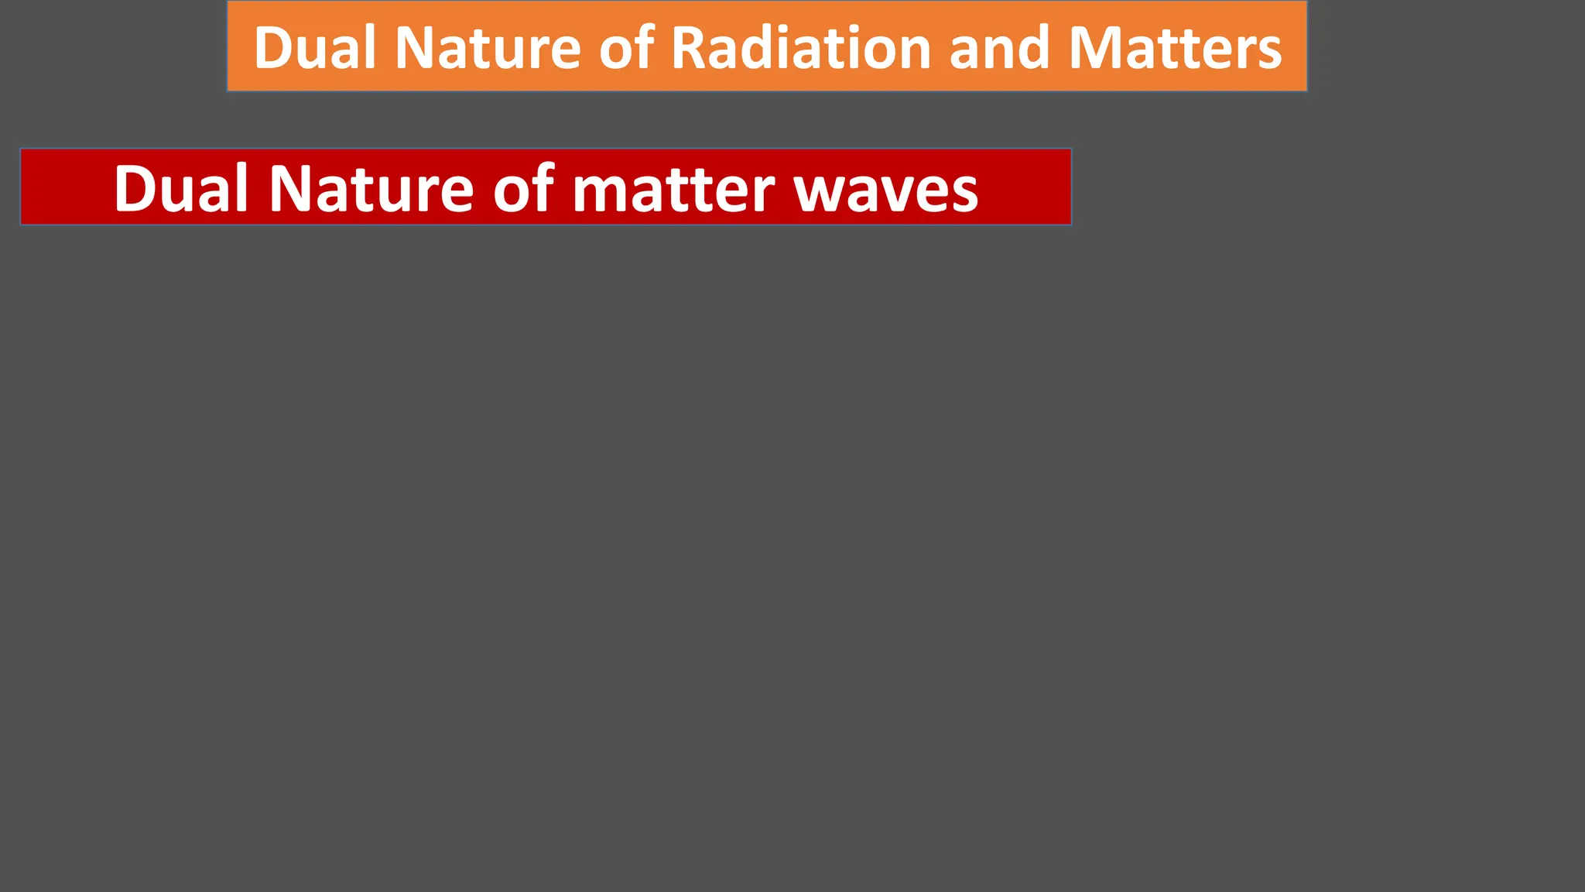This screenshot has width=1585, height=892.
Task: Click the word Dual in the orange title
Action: tap(314, 48)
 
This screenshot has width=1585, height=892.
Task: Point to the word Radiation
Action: tap(801, 48)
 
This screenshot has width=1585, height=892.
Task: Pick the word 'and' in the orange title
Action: tap(999, 48)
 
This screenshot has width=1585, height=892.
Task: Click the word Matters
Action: tap(1175, 48)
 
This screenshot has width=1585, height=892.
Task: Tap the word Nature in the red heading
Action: tap(371, 188)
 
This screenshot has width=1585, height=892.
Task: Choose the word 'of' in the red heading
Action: tap(523, 188)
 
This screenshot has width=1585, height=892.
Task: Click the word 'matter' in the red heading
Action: tap(673, 188)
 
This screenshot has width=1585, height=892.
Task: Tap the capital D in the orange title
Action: tap(274, 48)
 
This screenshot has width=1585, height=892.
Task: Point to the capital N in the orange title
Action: tap(415, 48)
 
